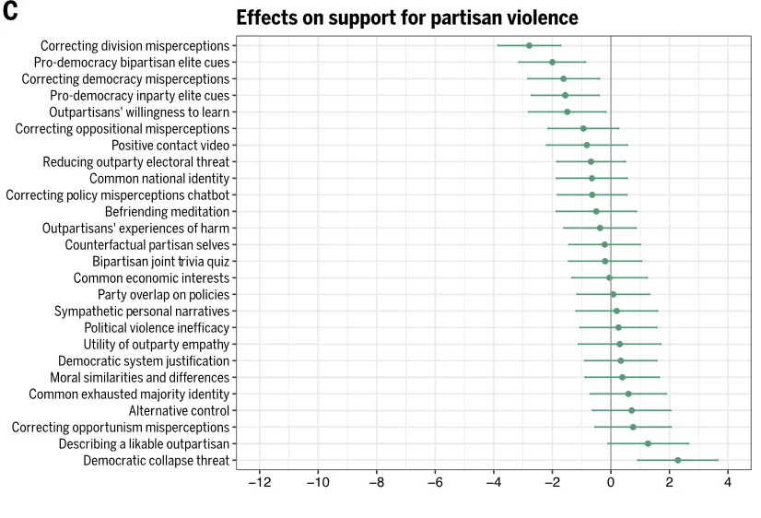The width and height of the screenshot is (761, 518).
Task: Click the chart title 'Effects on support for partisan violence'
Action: coord(407,18)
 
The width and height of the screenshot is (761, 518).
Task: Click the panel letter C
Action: coord(11,13)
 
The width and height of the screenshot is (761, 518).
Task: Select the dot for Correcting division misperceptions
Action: coord(529,45)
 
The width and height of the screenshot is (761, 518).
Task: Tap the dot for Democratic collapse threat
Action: coord(678,460)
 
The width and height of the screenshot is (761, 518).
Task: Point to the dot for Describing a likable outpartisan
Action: coord(648,443)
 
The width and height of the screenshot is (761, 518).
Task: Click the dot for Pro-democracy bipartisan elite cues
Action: coord(552,62)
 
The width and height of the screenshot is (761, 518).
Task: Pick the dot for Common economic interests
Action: coord(609,277)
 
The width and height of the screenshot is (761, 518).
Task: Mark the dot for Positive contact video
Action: coord(586,145)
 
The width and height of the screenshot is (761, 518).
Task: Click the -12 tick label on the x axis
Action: coord(259,483)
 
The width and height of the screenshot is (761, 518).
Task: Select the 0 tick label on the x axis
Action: coord(611,483)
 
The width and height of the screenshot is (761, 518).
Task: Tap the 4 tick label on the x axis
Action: coord(728,483)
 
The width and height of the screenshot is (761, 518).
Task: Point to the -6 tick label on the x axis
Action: coord(435,483)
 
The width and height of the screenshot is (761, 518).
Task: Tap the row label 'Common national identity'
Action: coord(159,178)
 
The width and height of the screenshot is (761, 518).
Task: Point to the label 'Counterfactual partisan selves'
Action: coord(146,244)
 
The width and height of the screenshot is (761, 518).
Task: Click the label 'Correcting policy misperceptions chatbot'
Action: coord(118,194)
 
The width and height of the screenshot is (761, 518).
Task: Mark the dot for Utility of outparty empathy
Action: coord(619,344)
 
